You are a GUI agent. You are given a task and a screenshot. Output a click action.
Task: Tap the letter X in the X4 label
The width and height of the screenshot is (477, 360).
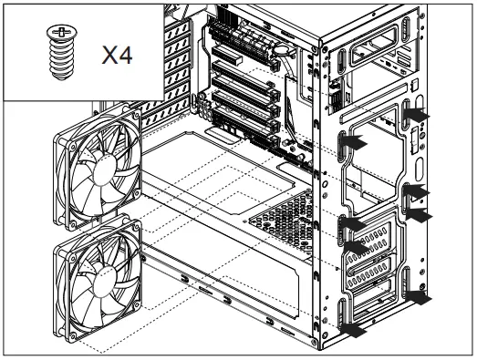111,57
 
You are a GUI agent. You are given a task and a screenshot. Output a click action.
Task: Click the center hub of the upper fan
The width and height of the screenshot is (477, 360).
96,179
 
